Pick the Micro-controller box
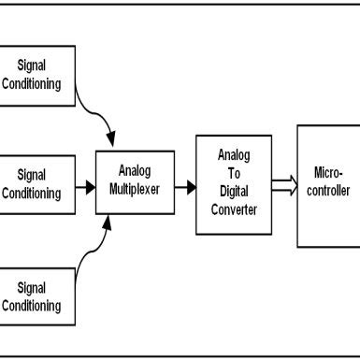tap(327, 186)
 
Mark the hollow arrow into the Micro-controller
tap(282, 185)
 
